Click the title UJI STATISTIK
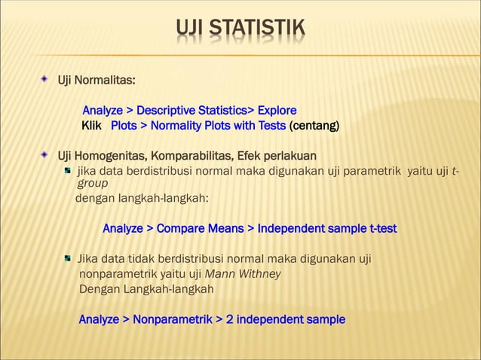pyautogui.click(x=240, y=30)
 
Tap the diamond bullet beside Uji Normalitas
pyautogui.click(x=46, y=79)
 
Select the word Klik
pyautogui.click(x=92, y=125)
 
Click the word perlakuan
pyautogui.click(x=290, y=156)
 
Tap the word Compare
pyautogui.click(x=184, y=228)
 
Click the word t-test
pyautogui.click(x=378, y=228)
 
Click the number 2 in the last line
pyautogui.click(x=230, y=319)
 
